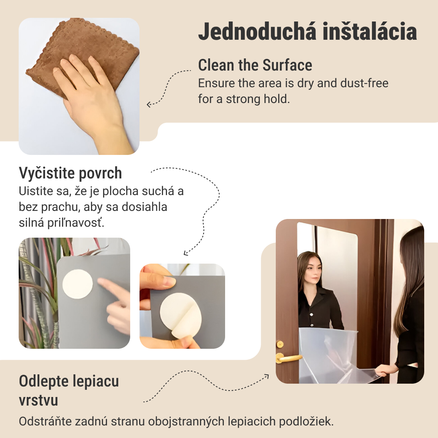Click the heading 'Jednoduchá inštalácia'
307,32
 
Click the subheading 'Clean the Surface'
255,65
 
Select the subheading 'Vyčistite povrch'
70,173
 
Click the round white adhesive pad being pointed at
77,284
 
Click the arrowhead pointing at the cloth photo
149,105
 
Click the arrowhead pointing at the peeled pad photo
186,253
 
